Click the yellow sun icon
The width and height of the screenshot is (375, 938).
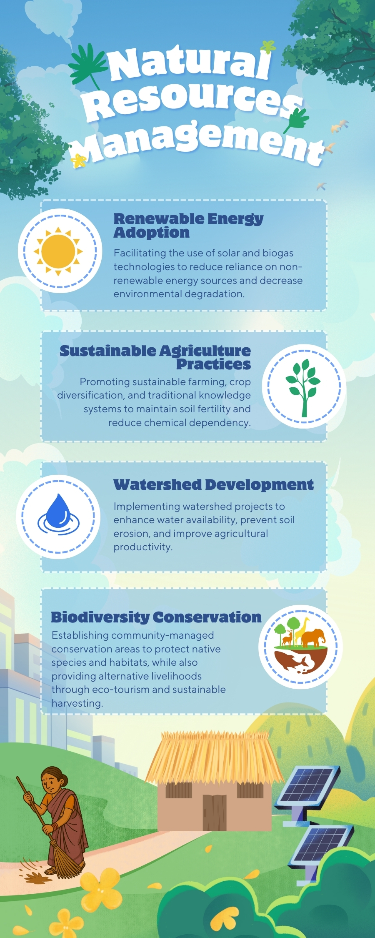point(58,251)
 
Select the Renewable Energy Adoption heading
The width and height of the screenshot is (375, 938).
point(188,225)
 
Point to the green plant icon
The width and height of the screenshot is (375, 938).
point(303,387)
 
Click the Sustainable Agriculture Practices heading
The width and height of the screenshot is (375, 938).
point(155,357)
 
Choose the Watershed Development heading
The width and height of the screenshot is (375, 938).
point(213,484)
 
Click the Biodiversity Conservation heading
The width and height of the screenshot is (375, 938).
point(156,617)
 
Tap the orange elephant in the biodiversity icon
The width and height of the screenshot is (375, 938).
point(313,637)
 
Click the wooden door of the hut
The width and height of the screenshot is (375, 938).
point(215,813)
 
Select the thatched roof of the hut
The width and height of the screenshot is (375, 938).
point(214,757)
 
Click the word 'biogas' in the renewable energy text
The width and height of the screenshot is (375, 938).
point(278,253)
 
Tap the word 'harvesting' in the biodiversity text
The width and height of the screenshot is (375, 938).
point(77,703)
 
